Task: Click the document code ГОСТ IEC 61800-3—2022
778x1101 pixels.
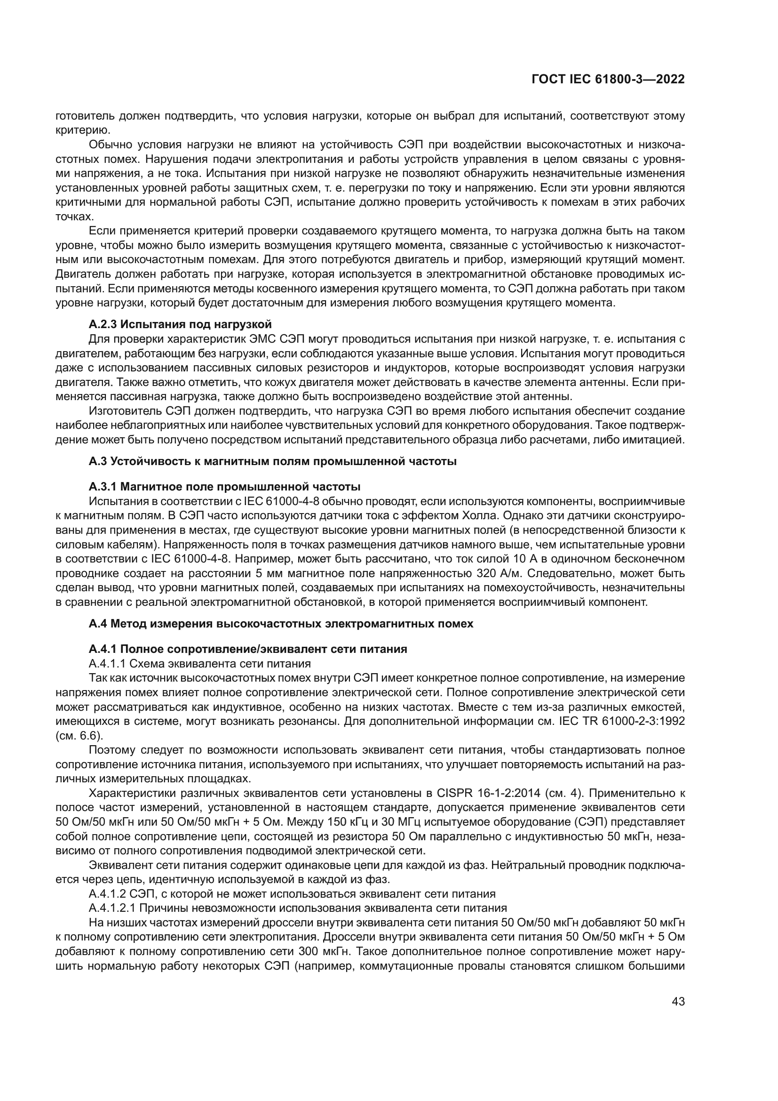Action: click(608, 80)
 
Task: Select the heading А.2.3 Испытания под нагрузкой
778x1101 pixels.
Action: click(180, 324)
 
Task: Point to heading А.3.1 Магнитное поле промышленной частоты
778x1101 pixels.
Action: click(224, 487)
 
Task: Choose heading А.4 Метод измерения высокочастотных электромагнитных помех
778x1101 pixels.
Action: click(281, 623)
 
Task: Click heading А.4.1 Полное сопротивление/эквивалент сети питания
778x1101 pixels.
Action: click(248, 649)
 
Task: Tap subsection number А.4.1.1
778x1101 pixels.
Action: click(107, 664)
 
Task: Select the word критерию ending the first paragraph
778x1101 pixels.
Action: click(78, 130)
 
